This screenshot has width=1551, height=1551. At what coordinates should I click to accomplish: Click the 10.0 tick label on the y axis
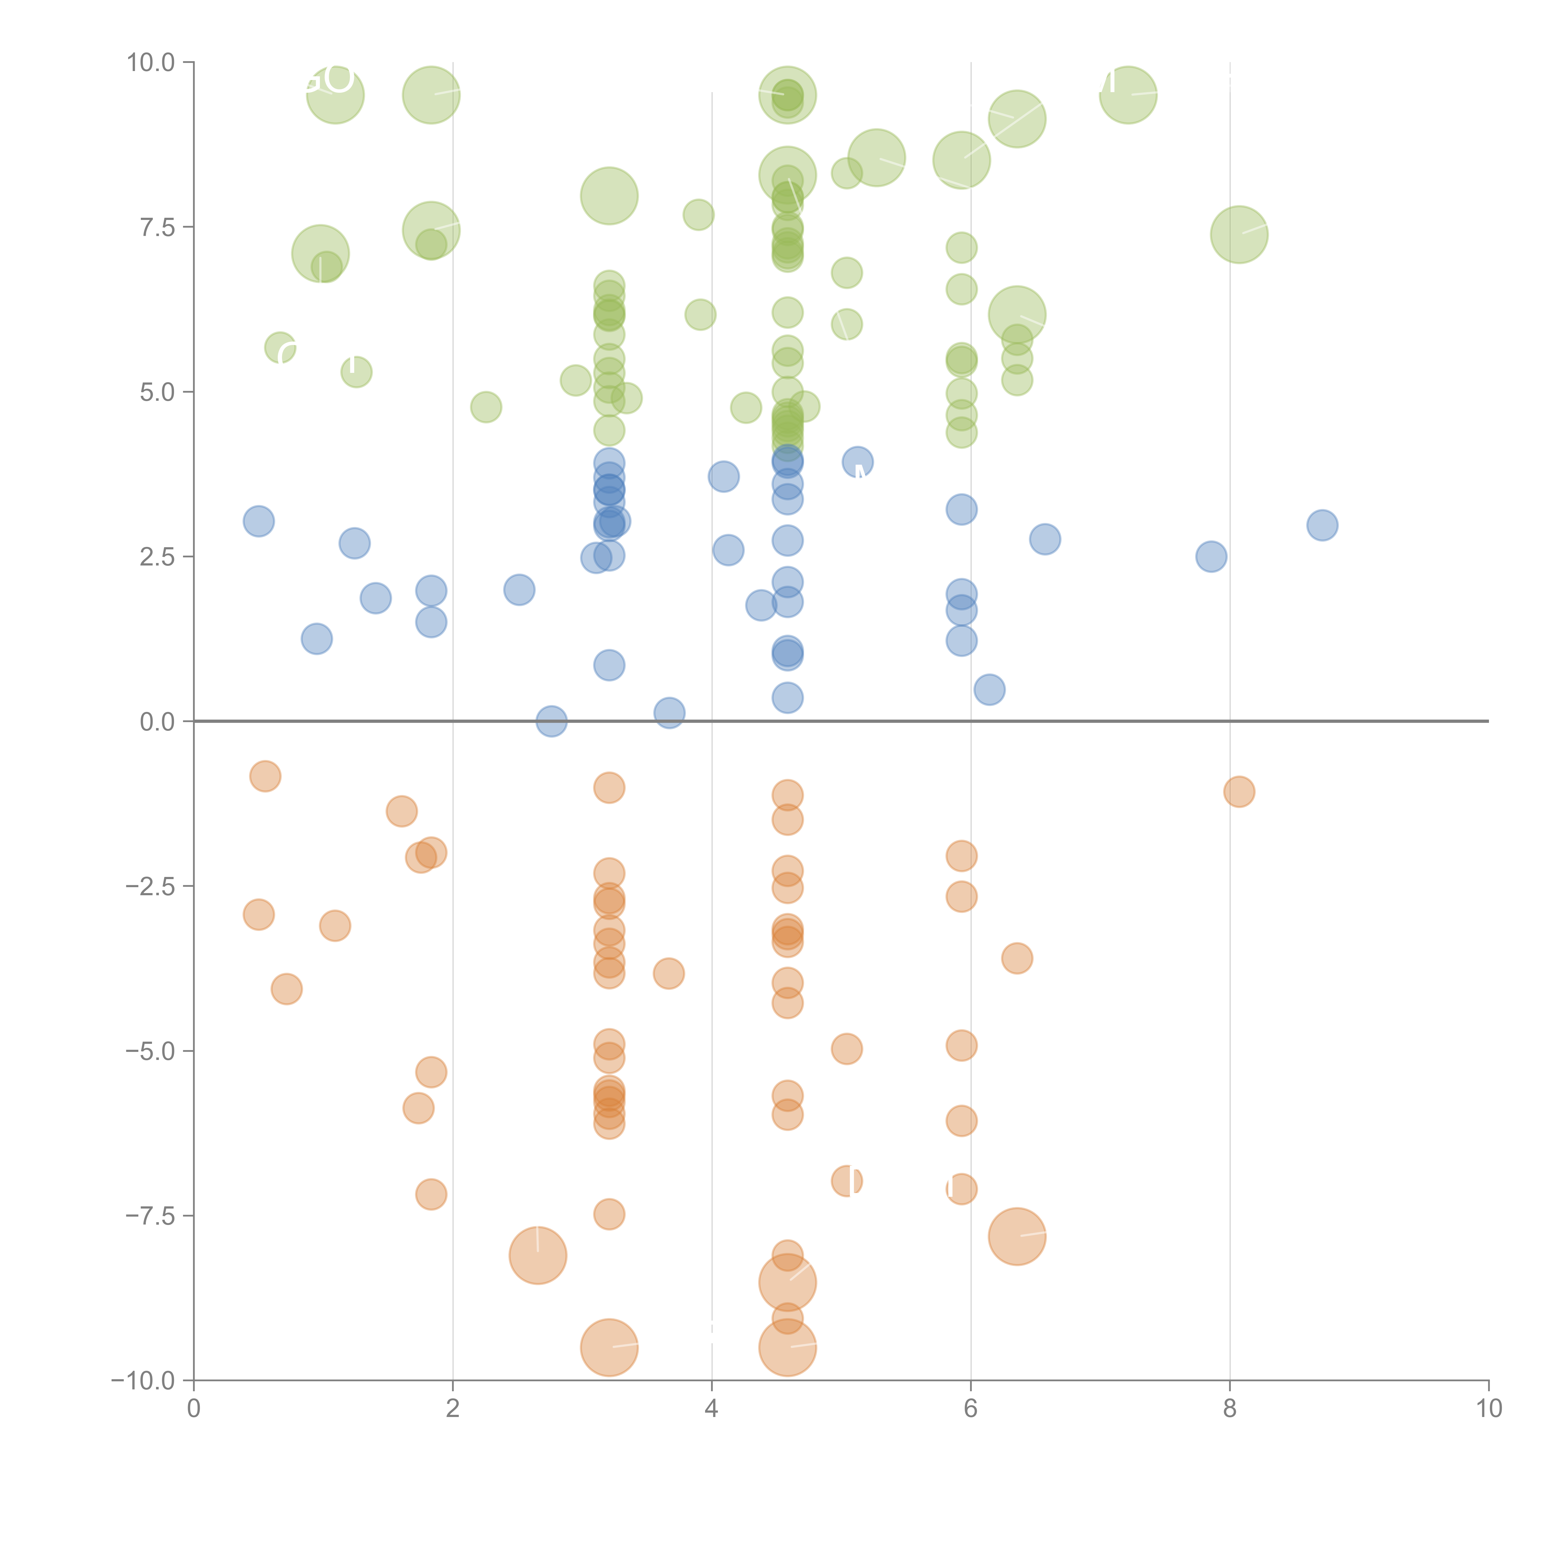point(151,63)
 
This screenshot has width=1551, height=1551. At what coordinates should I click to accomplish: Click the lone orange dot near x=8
point(1239,792)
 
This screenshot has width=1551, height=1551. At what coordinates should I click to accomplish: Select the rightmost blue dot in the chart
point(1322,525)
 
